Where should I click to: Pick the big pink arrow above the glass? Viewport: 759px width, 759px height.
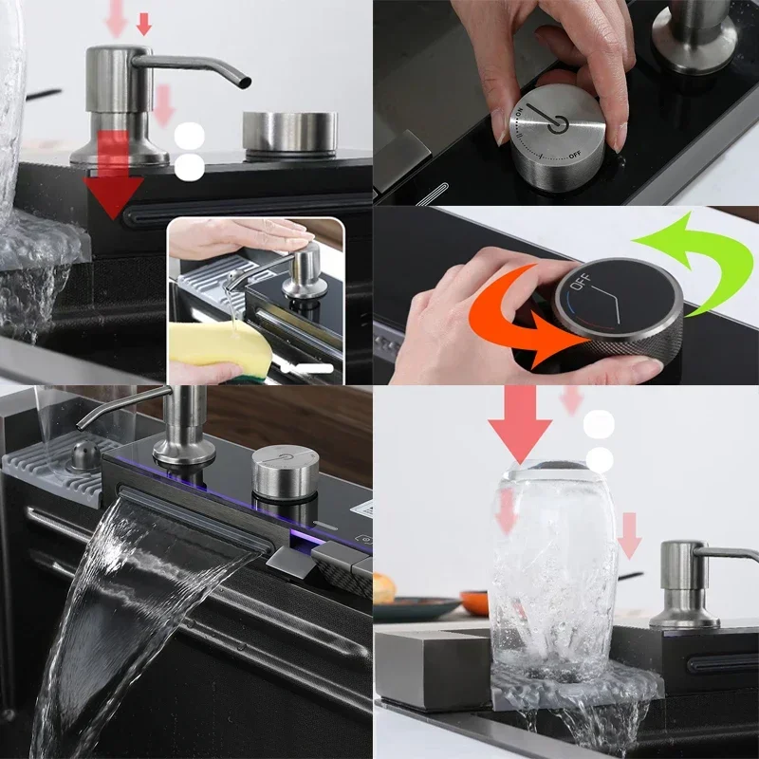point(520,422)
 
